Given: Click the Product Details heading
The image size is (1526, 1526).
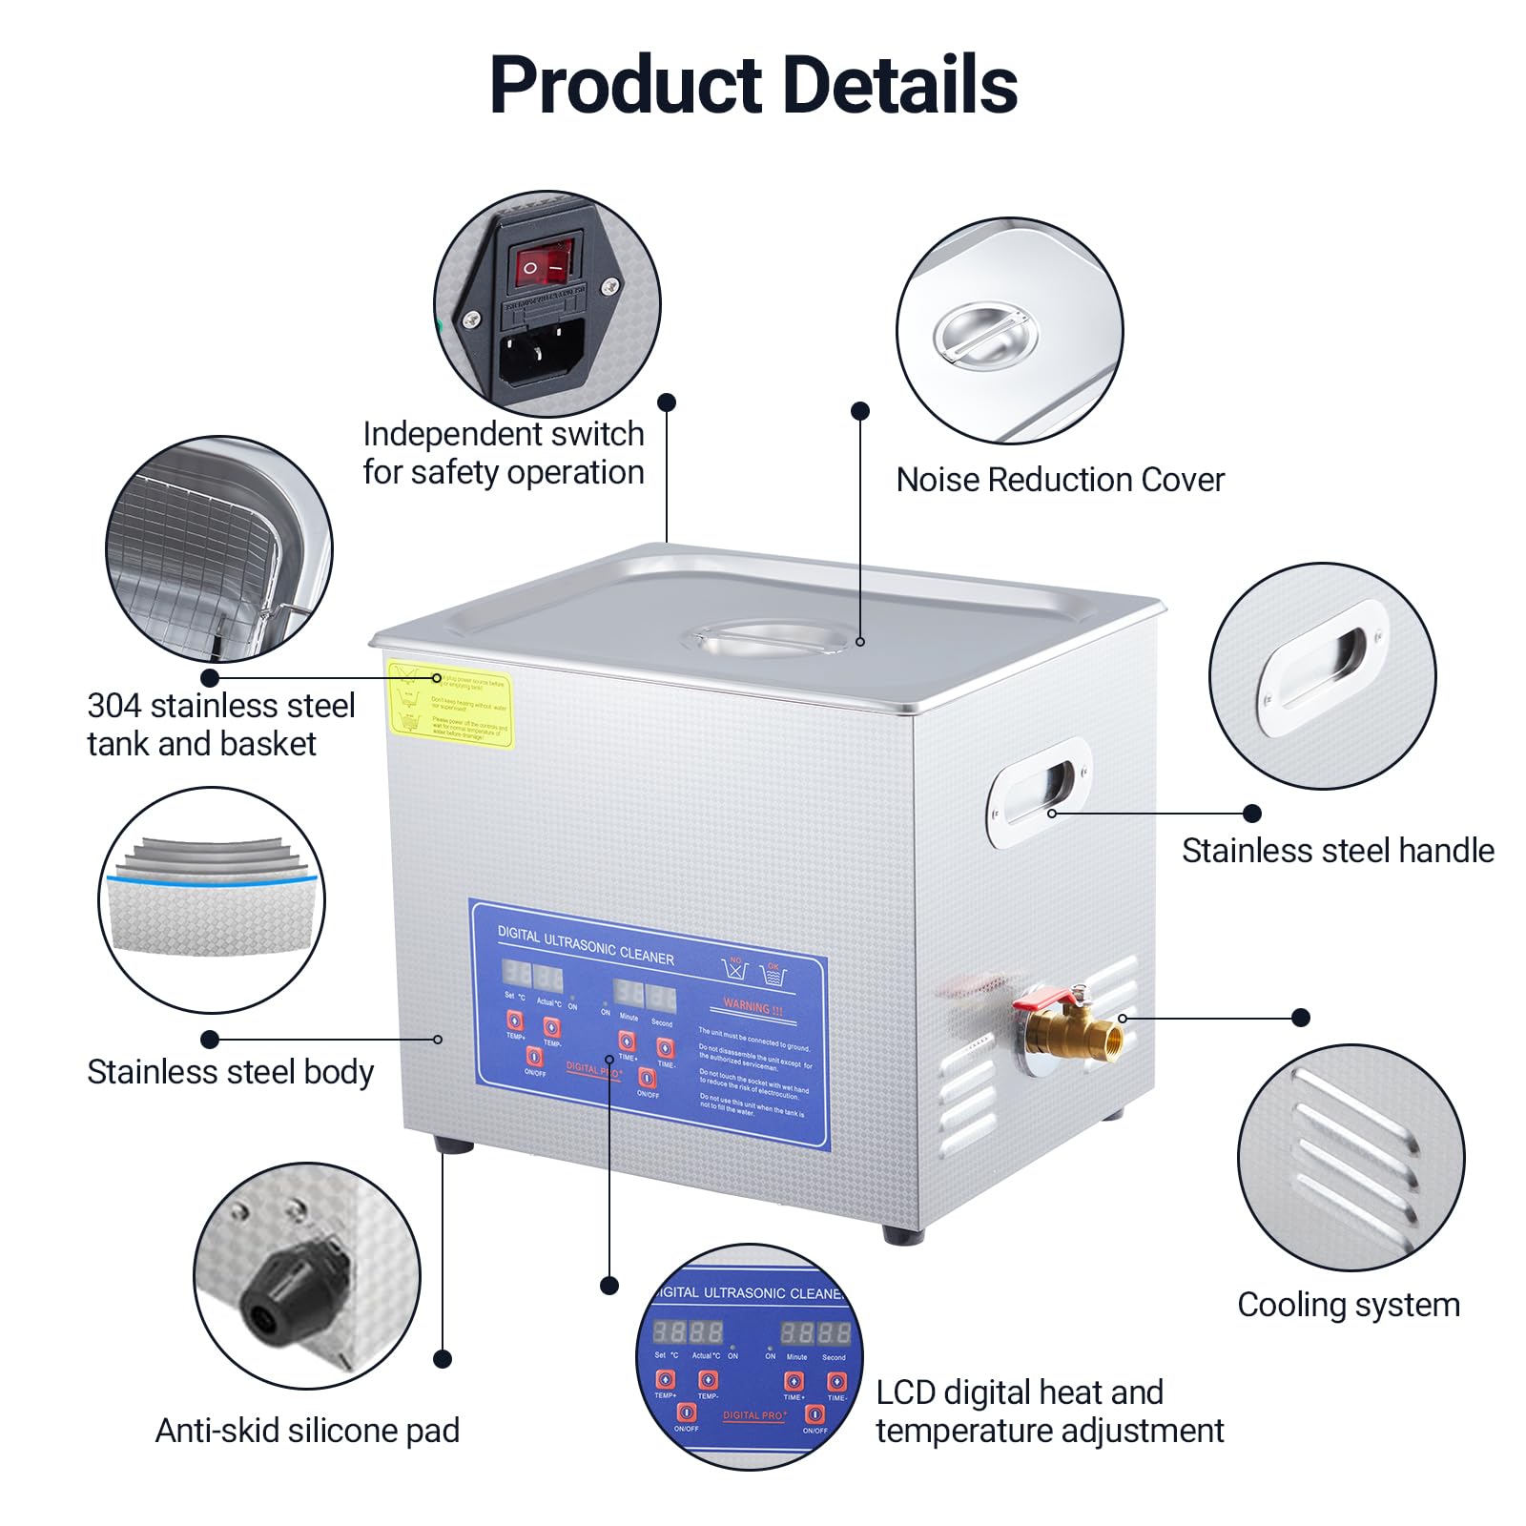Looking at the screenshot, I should click(753, 85).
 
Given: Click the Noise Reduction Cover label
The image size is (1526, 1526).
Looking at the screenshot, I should click(1060, 480).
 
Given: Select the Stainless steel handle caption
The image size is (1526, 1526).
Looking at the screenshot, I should click(1337, 851).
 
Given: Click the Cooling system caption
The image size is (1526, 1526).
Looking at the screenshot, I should click(1348, 1305).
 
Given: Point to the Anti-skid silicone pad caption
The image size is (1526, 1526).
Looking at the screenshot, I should click(307, 1431).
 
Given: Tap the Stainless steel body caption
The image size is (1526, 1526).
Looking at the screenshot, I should click(230, 1072).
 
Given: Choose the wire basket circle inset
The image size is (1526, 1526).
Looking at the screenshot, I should click(218, 549).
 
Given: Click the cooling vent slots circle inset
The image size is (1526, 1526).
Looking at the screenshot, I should click(1350, 1156).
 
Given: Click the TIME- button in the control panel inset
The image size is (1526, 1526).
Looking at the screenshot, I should click(836, 1381).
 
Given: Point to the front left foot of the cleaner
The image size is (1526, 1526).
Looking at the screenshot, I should click(453, 1144).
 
